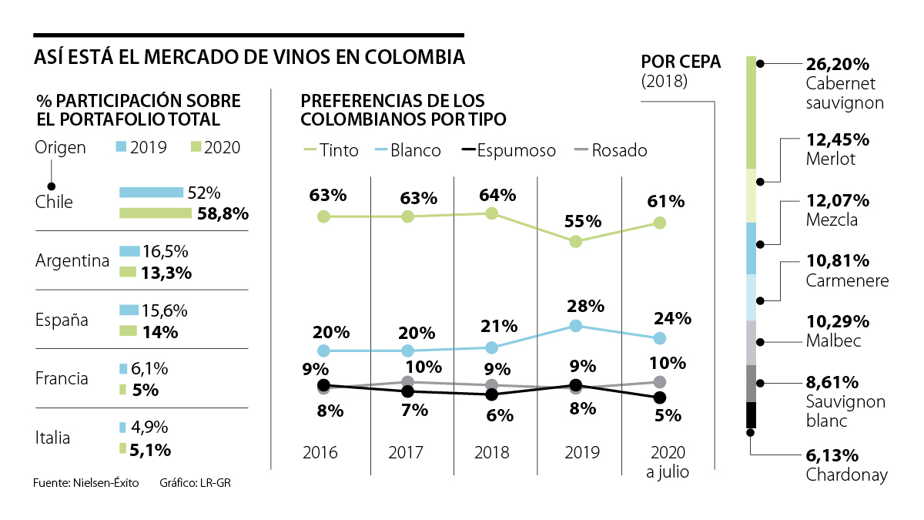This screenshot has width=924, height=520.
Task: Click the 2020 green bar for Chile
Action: coord(155,213)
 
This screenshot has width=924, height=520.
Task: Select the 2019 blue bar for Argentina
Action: coord(129,251)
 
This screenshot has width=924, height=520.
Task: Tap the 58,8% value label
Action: coord(222,213)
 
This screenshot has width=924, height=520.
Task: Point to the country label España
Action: coord(62,320)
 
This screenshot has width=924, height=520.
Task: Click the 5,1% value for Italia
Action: coord(151,449)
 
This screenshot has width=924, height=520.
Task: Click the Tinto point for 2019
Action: coord(575,241)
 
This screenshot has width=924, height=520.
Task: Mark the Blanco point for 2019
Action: coord(575,326)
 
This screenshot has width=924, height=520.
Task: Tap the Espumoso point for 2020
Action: coord(659,398)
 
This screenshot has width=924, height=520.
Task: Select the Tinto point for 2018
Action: coord(492,213)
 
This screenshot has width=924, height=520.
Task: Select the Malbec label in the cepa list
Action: coord(833,341)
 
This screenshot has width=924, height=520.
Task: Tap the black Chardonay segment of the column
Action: coord(752,415)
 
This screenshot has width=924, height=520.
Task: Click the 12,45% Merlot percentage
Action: coord(838,139)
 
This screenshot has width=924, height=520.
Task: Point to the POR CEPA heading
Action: coord(681,62)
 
